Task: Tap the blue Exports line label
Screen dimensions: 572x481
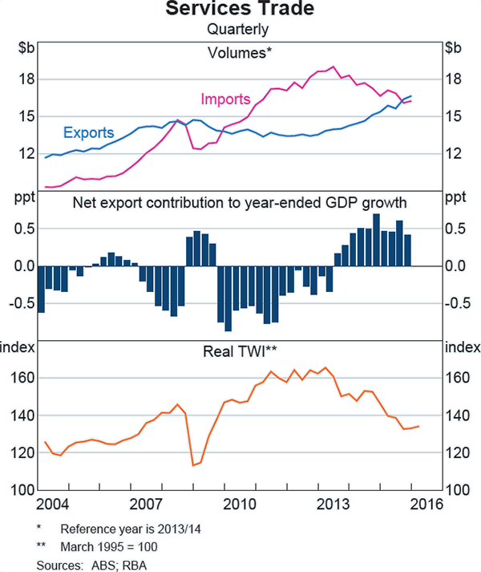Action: click(88, 132)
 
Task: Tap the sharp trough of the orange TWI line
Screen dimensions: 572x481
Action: click(193, 464)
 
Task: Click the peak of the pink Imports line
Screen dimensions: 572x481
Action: click(333, 67)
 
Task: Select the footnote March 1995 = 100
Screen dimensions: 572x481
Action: click(109, 547)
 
